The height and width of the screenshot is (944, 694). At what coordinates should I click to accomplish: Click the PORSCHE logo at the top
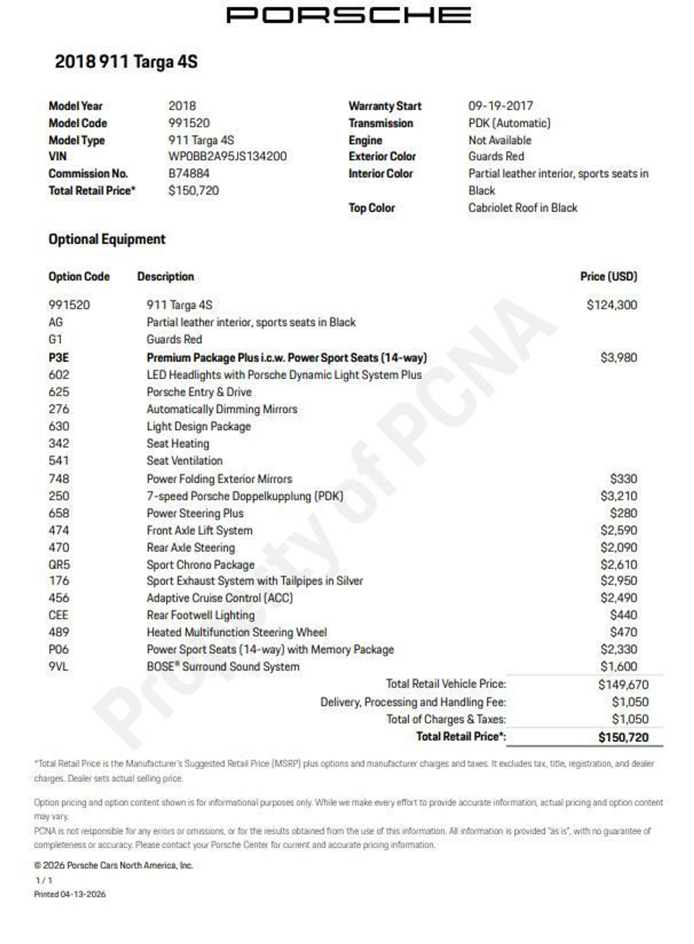click(x=348, y=16)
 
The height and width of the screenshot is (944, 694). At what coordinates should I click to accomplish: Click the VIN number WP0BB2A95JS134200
click(x=227, y=157)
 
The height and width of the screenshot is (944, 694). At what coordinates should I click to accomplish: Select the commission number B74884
click(x=189, y=174)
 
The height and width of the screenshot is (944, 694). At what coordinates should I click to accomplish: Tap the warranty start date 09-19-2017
click(x=500, y=106)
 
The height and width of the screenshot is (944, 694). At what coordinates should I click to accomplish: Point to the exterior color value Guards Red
click(x=496, y=157)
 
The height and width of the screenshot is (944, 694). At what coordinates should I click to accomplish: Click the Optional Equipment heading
click(x=107, y=239)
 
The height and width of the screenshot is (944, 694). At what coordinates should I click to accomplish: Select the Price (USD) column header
click(x=608, y=277)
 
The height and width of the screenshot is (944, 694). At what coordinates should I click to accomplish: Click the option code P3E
click(x=59, y=358)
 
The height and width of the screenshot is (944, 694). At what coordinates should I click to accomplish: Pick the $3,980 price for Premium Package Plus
click(x=618, y=358)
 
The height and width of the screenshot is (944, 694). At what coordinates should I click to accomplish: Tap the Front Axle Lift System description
click(x=200, y=531)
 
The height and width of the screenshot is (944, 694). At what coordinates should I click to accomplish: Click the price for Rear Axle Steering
click(x=618, y=548)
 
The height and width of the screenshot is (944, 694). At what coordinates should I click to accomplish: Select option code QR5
click(x=59, y=565)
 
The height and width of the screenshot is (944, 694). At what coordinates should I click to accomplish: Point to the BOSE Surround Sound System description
click(x=223, y=667)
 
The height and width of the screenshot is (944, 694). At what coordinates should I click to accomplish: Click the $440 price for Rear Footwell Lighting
click(x=624, y=615)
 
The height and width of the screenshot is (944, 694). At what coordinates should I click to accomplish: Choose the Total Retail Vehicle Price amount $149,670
click(x=624, y=685)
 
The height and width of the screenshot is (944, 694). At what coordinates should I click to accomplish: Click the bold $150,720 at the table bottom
click(x=624, y=737)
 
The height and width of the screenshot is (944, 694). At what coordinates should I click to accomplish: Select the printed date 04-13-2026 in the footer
click(x=83, y=894)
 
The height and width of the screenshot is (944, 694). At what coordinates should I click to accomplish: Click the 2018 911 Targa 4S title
click(x=126, y=62)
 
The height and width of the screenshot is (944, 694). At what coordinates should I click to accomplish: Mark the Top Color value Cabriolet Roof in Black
click(x=523, y=208)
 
